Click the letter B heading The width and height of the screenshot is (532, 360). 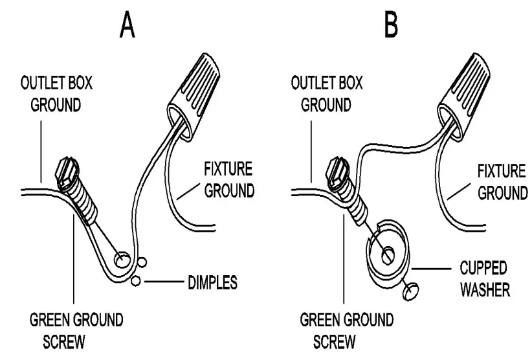tap(392, 24)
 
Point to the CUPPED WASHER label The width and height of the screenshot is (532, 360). tap(483, 278)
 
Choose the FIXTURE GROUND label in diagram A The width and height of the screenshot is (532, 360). tap(227, 181)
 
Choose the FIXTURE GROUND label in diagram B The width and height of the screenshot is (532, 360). tap(500, 182)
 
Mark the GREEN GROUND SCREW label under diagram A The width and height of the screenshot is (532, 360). tap(76, 330)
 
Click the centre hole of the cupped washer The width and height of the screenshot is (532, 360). tap(386, 254)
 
